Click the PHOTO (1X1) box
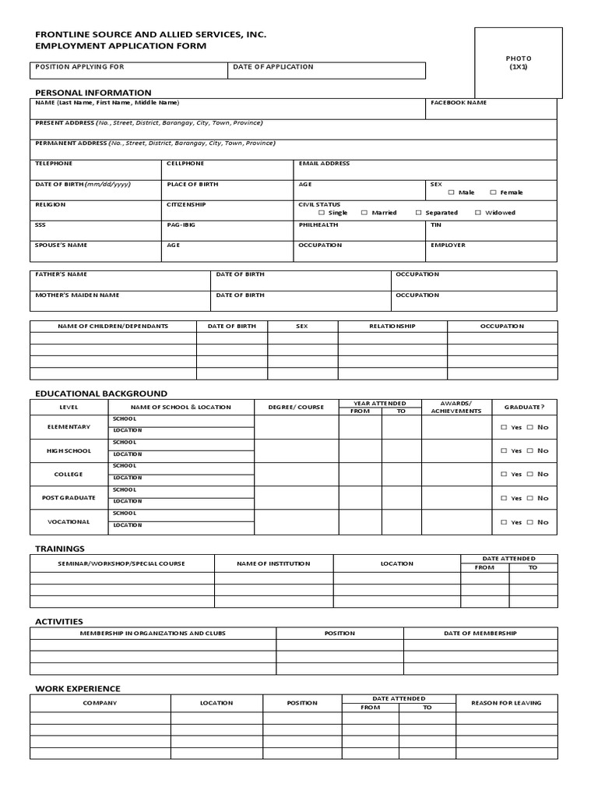click(x=519, y=62)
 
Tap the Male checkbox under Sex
click(x=450, y=192)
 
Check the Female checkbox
click(x=493, y=192)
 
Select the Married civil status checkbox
click(x=364, y=213)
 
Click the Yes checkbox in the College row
click(x=504, y=475)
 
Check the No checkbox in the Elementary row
click(x=530, y=427)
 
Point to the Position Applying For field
click(x=129, y=71)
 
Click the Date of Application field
click(x=328, y=71)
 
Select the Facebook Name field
click(x=491, y=108)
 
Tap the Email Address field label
click(x=324, y=164)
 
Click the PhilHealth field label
click(x=318, y=224)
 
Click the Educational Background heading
click(x=101, y=394)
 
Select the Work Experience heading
click(x=78, y=689)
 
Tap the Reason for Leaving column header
click(x=506, y=703)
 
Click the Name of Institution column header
click(x=273, y=563)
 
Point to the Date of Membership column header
click(x=480, y=634)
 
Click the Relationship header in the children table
click(x=392, y=327)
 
